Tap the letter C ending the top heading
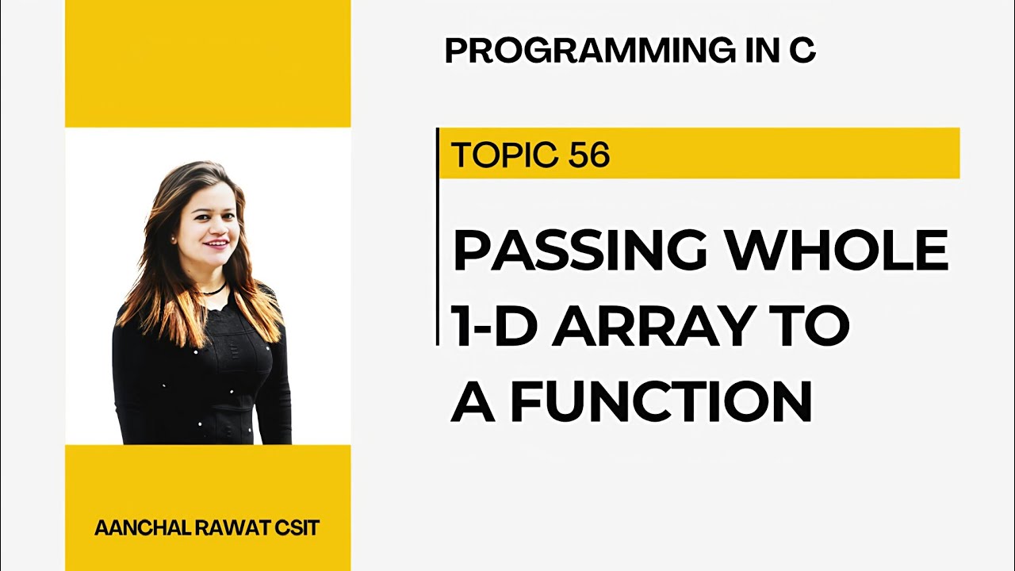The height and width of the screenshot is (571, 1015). (x=802, y=51)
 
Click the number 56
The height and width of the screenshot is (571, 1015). (x=588, y=155)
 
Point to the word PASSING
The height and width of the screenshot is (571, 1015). (x=580, y=251)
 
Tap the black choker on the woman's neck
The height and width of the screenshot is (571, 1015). (x=213, y=289)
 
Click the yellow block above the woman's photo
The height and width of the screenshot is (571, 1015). (x=208, y=63)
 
